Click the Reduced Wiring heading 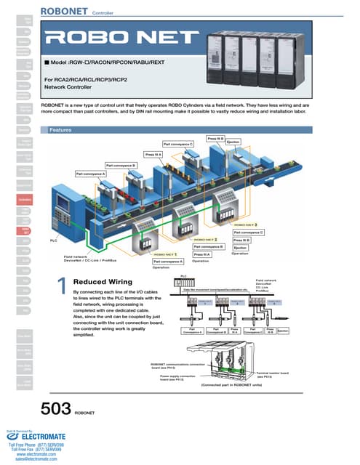100,282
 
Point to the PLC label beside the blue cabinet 53,240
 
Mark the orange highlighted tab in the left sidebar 25,199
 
